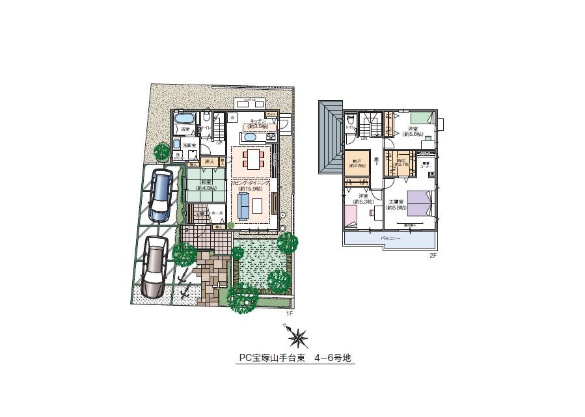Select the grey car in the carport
tap(154, 266)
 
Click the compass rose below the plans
tap(298, 337)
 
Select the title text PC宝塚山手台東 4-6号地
tap(295, 358)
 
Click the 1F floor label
tap(290, 314)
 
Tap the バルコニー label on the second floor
tap(391, 239)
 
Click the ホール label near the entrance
tap(217, 213)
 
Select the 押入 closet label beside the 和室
tap(210, 161)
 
